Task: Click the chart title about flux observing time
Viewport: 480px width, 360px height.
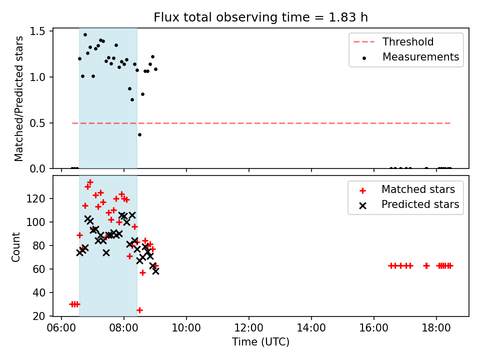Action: click(260, 17)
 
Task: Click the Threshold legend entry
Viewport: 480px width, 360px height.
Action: click(393, 41)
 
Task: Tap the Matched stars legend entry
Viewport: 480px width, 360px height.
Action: click(407, 189)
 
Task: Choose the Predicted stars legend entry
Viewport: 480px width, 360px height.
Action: click(409, 204)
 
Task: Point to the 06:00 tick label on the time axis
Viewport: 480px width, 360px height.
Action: click(61, 328)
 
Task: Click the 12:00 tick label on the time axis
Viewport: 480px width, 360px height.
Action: click(248, 328)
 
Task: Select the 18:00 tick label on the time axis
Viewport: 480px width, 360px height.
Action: click(436, 328)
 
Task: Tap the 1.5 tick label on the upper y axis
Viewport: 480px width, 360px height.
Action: click(37, 31)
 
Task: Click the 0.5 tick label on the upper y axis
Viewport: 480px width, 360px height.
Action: click(37, 123)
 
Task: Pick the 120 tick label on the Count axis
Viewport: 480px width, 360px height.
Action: click(35, 198)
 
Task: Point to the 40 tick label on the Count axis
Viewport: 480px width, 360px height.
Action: click(39, 292)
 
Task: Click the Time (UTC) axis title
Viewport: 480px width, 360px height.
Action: click(260, 341)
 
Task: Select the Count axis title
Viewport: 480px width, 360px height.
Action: click(15, 247)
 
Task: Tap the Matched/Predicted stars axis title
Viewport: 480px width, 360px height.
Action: click(18, 98)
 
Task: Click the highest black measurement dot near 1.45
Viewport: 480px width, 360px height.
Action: click(85, 34)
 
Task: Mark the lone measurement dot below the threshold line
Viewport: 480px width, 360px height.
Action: click(139, 134)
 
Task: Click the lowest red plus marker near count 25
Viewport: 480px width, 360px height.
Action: click(139, 310)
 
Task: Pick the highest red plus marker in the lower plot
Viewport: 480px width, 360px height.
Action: click(90, 182)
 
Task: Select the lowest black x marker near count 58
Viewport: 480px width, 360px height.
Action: click(155, 271)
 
